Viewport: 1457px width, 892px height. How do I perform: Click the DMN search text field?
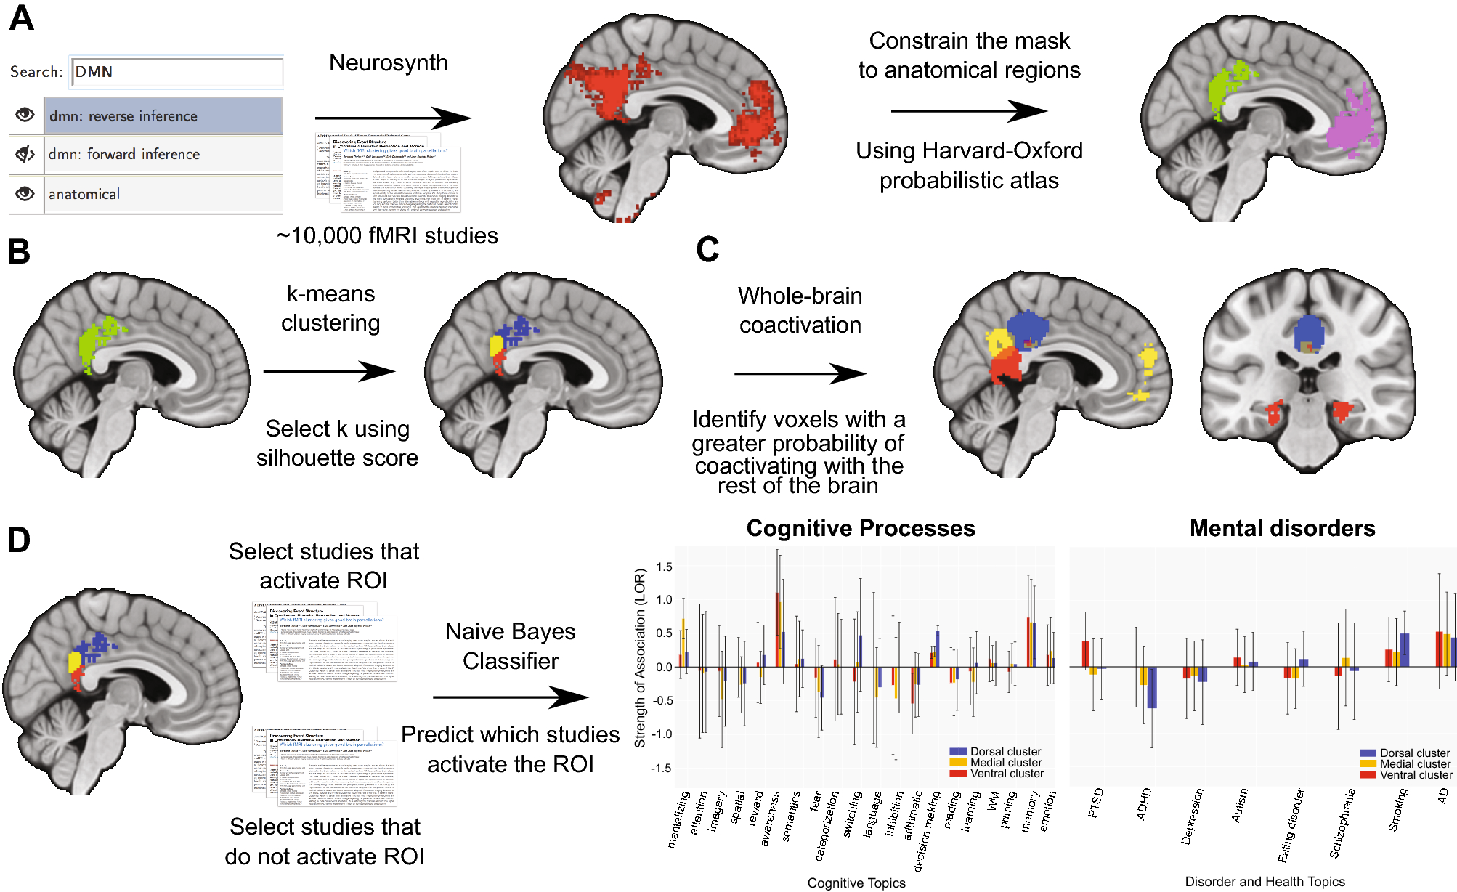coord(176,72)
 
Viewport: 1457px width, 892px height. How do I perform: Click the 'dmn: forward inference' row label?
coord(124,154)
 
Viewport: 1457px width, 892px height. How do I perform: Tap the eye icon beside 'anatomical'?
coord(25,194)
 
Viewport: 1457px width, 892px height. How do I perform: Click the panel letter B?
coord(19,251)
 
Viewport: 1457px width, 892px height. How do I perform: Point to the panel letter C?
coord(707,249)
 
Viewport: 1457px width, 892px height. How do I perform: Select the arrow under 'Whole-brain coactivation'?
coord(800,373)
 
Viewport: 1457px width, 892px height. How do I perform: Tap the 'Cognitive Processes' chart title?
coord(861,528)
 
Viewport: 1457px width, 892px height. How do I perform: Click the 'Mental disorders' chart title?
coord(1282,528)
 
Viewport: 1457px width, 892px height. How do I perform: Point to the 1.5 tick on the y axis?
coord(664,567)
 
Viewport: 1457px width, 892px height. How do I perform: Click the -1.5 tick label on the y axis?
coord(661,768)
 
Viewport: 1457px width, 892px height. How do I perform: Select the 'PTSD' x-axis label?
coord(1096,803)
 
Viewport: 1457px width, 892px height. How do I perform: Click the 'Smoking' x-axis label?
coord(1398,809)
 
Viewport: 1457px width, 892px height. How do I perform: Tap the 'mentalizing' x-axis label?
coord(678,819)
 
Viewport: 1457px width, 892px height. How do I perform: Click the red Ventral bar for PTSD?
coord(1085,654)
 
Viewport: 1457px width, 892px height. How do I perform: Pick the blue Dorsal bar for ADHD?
coord(1152,687)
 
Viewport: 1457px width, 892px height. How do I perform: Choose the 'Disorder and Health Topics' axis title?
coord(1265,881)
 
